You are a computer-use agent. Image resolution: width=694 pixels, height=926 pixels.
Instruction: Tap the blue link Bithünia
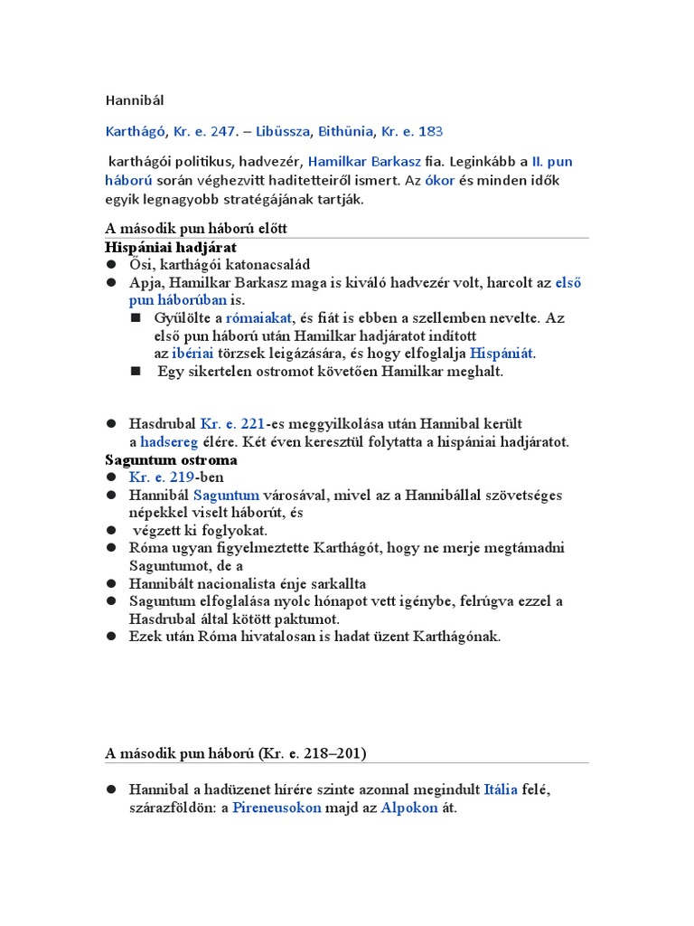pos(345,131)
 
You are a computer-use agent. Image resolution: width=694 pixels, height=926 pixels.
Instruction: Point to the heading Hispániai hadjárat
pos(171,247)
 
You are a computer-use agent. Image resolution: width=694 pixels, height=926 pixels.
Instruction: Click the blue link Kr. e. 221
pos(232,423)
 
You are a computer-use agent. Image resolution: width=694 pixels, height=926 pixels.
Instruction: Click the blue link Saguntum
pos(226,495)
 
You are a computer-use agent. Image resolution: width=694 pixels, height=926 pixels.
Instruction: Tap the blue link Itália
pos(501,789)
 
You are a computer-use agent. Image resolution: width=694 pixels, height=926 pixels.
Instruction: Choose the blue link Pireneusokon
pos(277,808)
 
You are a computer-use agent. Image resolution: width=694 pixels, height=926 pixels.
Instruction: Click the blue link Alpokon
pos(409,808)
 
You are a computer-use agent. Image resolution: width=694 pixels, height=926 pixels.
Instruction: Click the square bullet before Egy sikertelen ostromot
pos(136,371)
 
